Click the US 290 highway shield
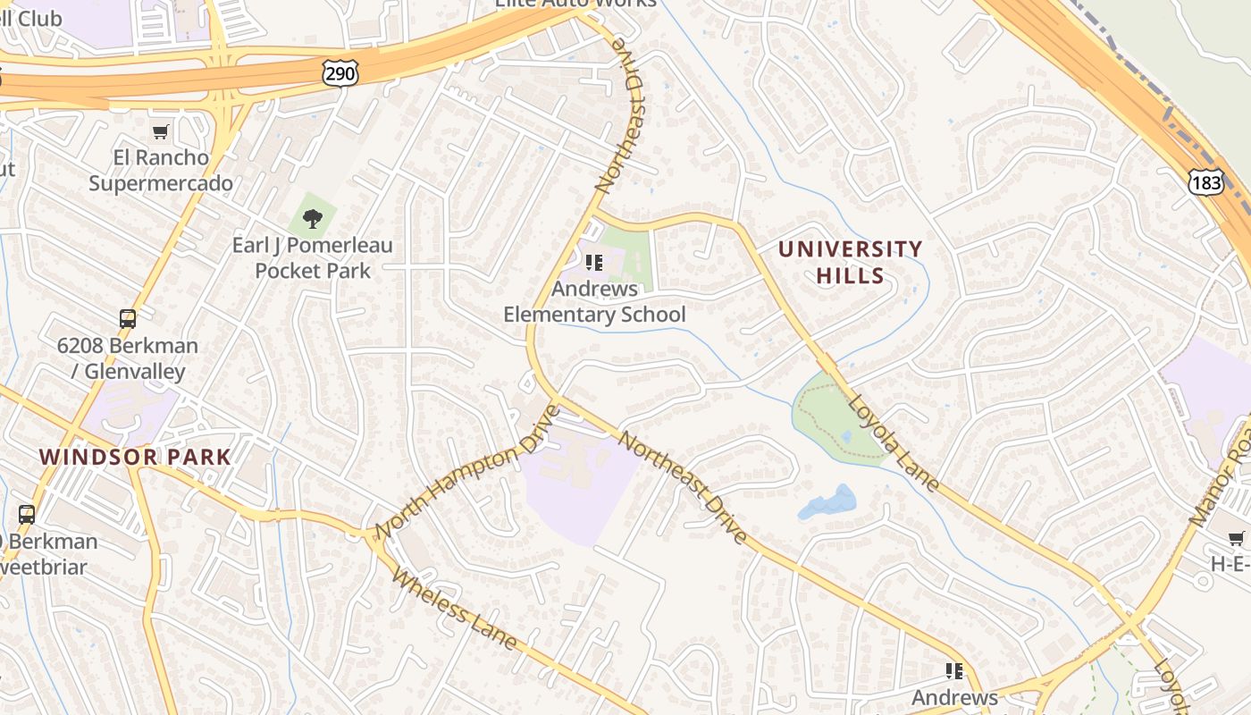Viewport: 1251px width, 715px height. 340,74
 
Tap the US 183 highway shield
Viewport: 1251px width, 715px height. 1205,181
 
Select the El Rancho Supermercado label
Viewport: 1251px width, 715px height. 161,171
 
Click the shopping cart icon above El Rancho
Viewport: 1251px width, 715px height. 161,132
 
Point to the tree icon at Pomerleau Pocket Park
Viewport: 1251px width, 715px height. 312,217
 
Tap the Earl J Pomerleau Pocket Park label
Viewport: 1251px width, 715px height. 312,257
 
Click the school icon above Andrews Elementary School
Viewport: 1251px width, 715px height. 594,263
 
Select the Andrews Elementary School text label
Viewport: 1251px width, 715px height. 594,302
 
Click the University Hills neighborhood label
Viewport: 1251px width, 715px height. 850,262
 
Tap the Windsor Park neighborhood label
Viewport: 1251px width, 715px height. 135,457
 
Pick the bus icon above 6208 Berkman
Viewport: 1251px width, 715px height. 128,319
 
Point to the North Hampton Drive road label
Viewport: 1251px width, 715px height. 466,474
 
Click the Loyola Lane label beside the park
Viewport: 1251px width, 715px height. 893,444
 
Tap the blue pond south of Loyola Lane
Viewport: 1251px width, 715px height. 827,503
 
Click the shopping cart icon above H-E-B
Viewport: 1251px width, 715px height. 1237,538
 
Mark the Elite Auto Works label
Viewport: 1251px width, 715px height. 576,4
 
